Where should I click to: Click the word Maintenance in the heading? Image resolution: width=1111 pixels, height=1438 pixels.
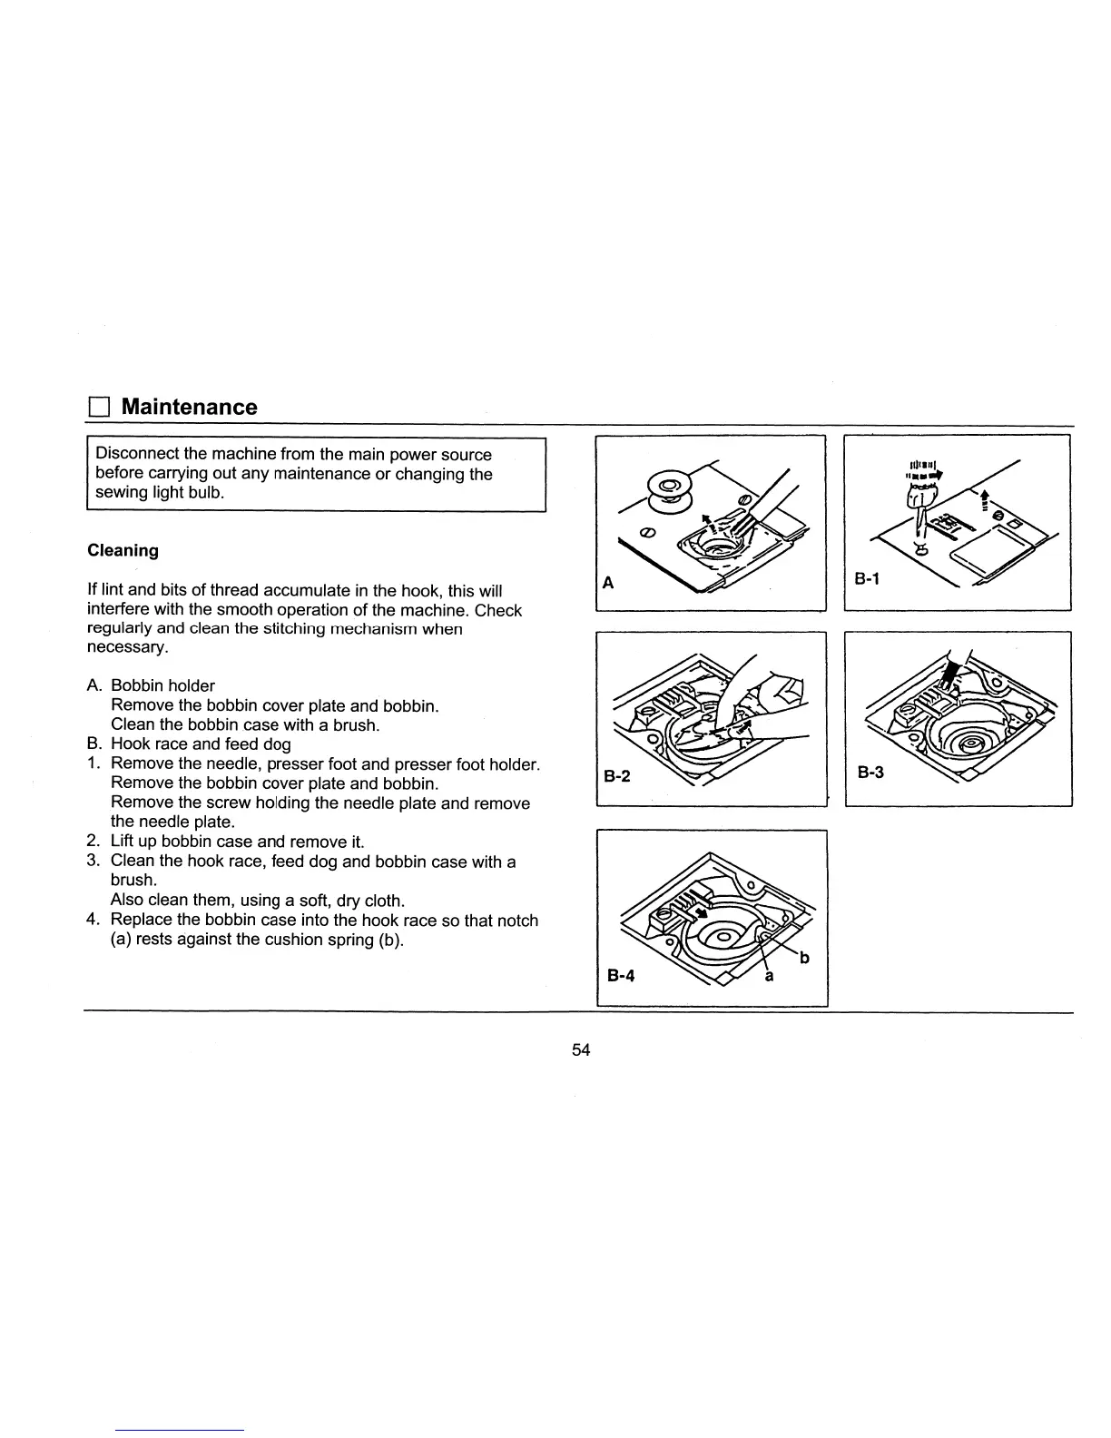tap(189, 407)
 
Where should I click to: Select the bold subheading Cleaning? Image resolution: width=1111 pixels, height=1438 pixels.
tap(123, 551)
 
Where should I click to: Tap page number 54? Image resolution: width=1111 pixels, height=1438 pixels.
tap(581, 1049)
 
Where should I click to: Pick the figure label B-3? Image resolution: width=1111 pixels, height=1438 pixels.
tap(870, 773)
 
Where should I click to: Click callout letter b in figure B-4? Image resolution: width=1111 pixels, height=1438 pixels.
tap(803, 958)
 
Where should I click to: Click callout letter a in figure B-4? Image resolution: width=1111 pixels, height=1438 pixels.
tap(770, 977)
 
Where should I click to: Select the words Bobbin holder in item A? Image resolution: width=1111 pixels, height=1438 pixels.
tap(162, 685)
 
